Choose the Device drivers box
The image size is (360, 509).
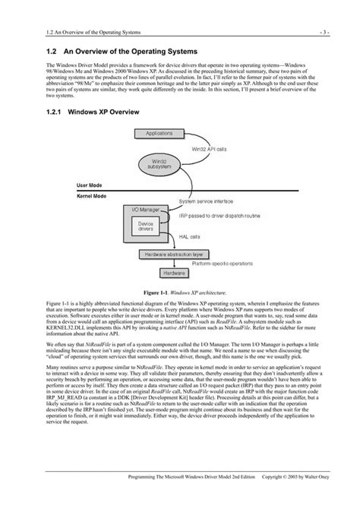click(x=145, y=226)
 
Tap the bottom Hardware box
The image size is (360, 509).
click(x=172, y=271)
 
